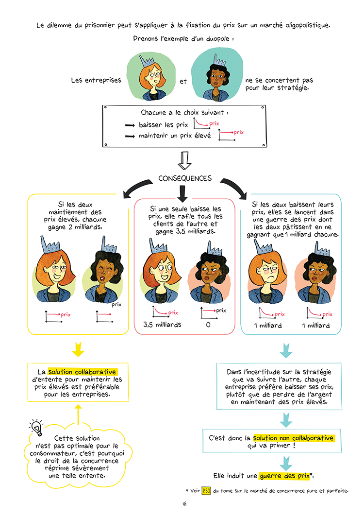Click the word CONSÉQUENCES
pyautogui.click(x=185, y=178)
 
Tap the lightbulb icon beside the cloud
pyautogui.click(x=36, y=427)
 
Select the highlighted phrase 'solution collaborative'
pyautogui.click(x=82, y=372)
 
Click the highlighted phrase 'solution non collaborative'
pyautogui.click(x=293, y=438)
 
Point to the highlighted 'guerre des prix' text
pyautogui.click(x=285, y=476)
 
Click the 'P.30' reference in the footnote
pyautogui.click(x=206, y=491)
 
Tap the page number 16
pyautogui.click(x=184, y=504)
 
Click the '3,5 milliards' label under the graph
pyautogui.click(x=162, y=325)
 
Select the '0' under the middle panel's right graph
pyautogui.click(x=208, y=325)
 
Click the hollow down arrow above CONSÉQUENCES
pyautogui.click(x=184, y=160)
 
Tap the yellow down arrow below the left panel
pyautogui.click(x=78, y=349)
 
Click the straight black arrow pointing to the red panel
pyautogui.click(x=182, y=193)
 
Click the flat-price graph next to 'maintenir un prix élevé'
pyautogui.click(x=227, y=135)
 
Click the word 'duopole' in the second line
pyautogui.click(x=217, y=39)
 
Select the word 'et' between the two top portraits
pyautogui.click(x=183, y=81)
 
